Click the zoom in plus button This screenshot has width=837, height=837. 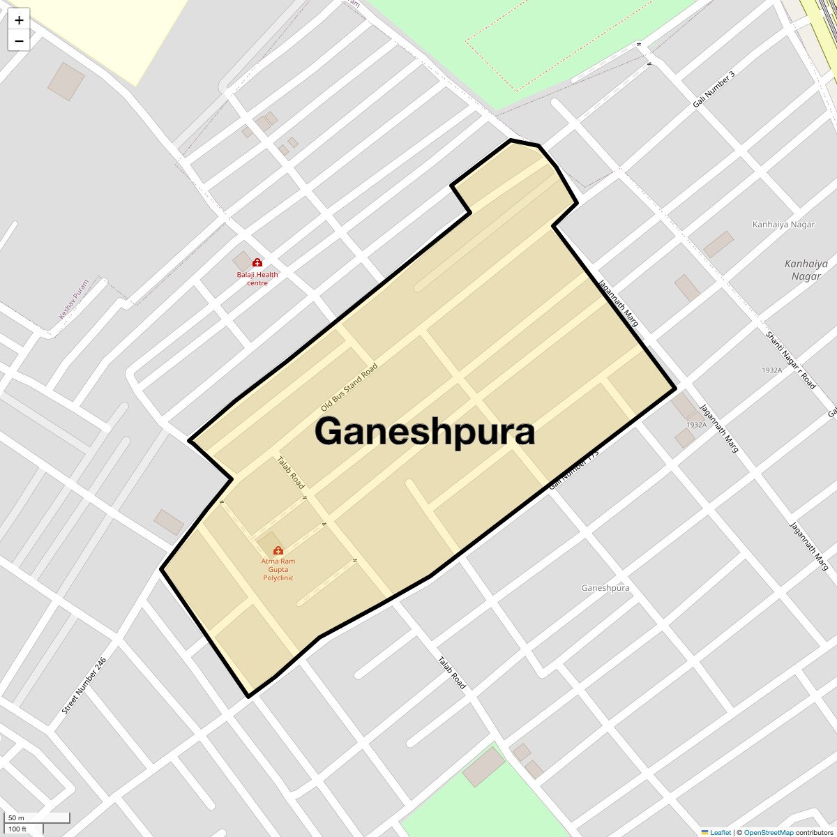click(19, 20)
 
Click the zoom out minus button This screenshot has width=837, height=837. click(19, 41)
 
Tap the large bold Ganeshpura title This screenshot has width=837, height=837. click(424, 431)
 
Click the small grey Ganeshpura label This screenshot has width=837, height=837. click(605, 588)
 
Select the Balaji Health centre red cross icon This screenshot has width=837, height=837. click(257, 262)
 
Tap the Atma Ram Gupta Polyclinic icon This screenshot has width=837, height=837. click(278, 550)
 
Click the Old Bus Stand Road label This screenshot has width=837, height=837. click(349, 387)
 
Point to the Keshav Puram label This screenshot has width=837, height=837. click(74, 299)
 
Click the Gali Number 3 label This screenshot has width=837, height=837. click(714, 89)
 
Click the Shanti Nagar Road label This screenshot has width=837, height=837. click(790, 360)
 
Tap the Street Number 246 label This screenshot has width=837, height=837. click(84, 686)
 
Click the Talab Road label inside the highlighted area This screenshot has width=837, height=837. click(291, 472)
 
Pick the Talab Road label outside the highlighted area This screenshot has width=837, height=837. click(451, 672)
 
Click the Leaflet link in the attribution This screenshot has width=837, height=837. click(720, 832)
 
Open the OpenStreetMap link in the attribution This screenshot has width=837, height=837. click(768, 832)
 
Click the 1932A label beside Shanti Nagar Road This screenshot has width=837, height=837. click(771, 370)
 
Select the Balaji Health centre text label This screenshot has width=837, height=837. click(257, 279)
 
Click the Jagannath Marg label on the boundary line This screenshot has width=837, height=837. click(619, 303)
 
